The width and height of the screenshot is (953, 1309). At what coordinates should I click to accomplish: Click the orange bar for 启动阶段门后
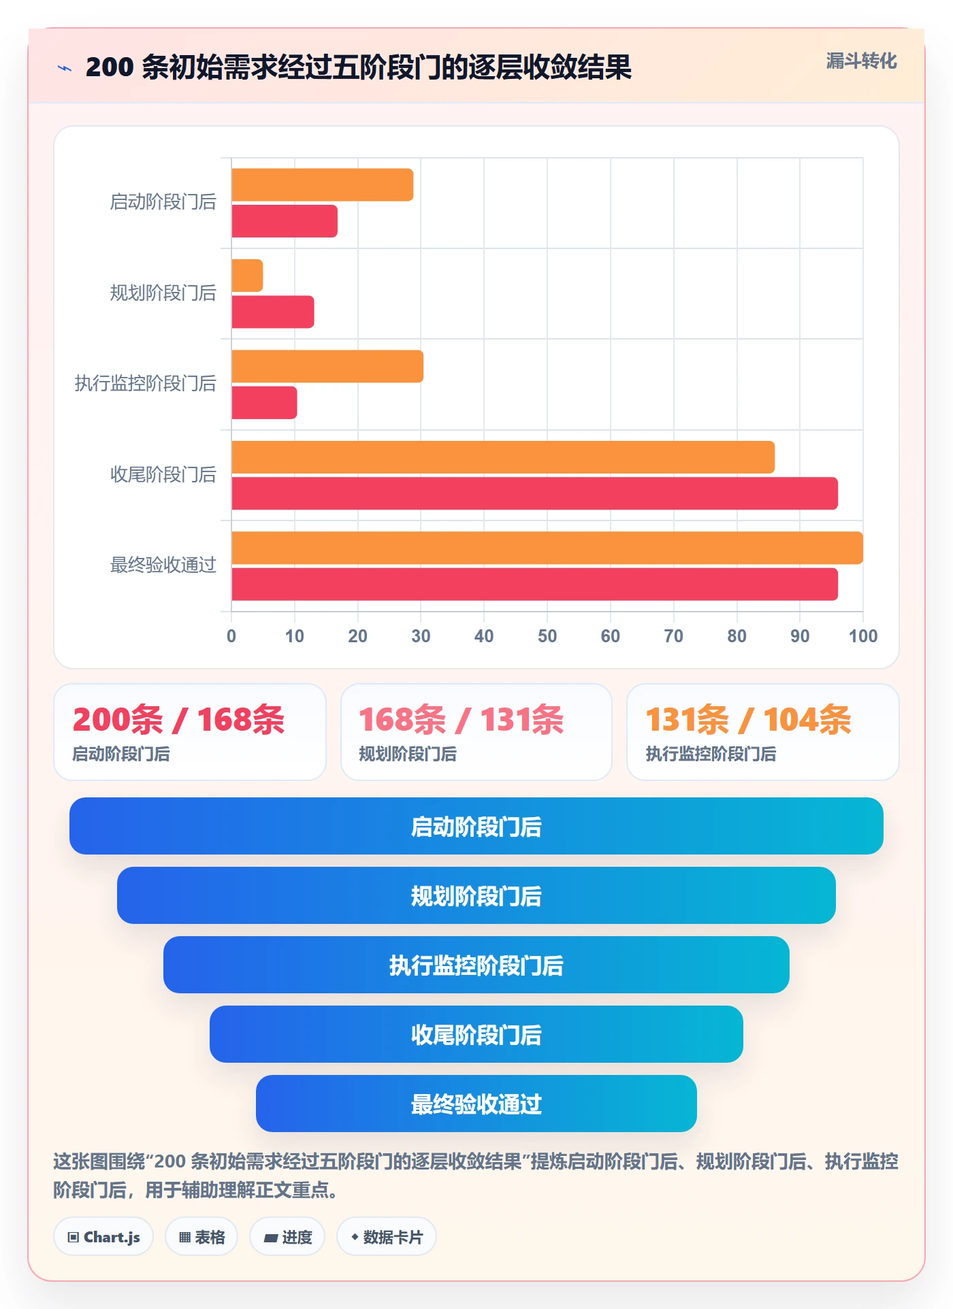(x=322, y=185)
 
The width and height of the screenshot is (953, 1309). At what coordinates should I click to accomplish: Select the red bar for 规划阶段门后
(x=272, y=312)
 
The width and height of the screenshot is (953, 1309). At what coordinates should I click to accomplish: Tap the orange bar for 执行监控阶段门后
(x=327, y=367)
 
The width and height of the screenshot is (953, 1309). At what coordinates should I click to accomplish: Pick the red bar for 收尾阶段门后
(x=534, y=493)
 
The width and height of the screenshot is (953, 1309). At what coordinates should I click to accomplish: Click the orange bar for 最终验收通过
(x=547, y=548)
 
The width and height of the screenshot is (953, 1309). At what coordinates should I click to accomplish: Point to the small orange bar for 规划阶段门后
(x=247, y=276)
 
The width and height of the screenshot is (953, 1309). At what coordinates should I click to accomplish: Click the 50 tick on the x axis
(x=547, y=636)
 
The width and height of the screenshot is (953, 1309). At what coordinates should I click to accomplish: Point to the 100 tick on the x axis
(x=863, y=636)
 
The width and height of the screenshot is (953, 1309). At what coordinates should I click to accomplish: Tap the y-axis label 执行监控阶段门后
(x=145, y=384)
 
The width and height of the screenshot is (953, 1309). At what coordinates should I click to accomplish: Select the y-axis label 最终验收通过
(x=163, y=565)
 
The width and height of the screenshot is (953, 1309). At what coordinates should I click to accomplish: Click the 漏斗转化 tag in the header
(x=861, y=61)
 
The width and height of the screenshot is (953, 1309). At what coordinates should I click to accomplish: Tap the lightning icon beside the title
(x=65, y=68)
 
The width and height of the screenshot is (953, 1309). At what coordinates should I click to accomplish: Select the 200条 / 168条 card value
(x=178, y=720)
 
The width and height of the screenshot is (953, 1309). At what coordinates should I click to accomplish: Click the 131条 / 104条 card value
(x=748, y=720)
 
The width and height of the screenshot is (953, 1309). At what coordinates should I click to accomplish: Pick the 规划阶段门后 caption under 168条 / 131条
(x=408, y=754)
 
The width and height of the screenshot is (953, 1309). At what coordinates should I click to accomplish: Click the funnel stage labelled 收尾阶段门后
(x=476, y=1034)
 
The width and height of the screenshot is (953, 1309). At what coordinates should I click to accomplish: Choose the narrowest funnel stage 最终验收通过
(x=476, y=1104)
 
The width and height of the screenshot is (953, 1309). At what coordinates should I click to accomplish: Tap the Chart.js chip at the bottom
(x=103, y=1237)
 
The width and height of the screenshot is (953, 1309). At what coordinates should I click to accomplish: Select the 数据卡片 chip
(x=386, y=1237)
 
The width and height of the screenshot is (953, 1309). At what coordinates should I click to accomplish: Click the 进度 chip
(x=287, y=1237)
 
